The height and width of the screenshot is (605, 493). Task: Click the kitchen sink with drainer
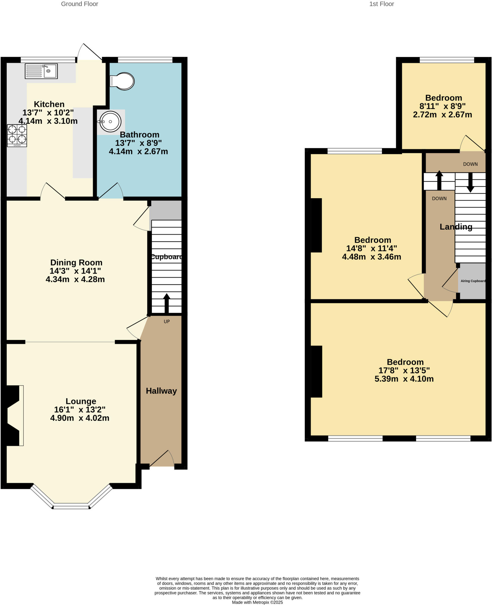click(x=41, y=71)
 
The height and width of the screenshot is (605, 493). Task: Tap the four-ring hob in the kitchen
click(x=17, y=135)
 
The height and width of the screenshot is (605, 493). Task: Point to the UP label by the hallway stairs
click(x=167, y=321)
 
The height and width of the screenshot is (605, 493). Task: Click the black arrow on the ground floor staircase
click(x=167, y=303)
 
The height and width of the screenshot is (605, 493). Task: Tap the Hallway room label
click(x=161, y=391)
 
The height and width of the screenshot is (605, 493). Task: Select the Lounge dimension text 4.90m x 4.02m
click(x=80, y=418)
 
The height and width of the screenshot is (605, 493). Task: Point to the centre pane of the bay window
click(x=71, y=507)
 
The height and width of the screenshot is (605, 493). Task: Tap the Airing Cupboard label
click(x=473, y=281)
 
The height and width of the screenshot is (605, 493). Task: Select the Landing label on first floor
click(x=456, y=227)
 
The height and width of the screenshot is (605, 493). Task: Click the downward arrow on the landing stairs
click(x=470, y=183)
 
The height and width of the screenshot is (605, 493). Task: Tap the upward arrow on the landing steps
click(x=439, y=180)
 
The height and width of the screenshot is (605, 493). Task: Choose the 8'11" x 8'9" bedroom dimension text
click(x=442, y=106)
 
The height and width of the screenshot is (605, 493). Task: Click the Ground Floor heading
click(x=79, y=4)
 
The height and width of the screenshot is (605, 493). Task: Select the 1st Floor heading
click(x=381, y=4)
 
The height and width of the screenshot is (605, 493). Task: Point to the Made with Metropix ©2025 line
click(x=257, y=602)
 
